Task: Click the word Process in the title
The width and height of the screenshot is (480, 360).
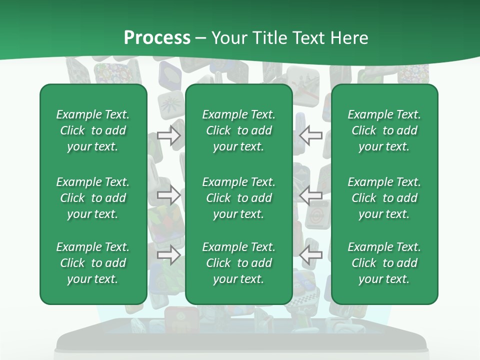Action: [x=157, y=38]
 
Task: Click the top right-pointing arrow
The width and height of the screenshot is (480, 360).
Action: [x=168, y=135]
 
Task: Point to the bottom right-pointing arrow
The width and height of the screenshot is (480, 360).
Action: [x=168, y=255]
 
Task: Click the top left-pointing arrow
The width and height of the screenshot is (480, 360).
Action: [x=311, y=135]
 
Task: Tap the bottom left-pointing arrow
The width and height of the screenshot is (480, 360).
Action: [x=311, y=255]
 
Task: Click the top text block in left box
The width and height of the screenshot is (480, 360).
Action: [x=93, y=130]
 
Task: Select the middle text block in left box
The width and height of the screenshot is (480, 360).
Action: [x=93, y=198]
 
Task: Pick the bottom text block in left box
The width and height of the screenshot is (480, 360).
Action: [x=93, y=263]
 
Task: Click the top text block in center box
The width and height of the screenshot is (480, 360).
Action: [x=238, y=130]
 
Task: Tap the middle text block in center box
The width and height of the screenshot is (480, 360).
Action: [x=238, y=198]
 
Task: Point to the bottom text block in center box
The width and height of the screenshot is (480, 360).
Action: [x=238, y=263]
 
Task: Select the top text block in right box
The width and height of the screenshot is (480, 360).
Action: [x=384, y=130]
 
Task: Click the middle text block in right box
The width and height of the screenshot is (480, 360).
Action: [x=384, y=198]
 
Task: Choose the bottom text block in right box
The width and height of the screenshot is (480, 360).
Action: [x=384, y=263]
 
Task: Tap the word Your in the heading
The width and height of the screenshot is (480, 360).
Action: [x=228, y=38]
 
